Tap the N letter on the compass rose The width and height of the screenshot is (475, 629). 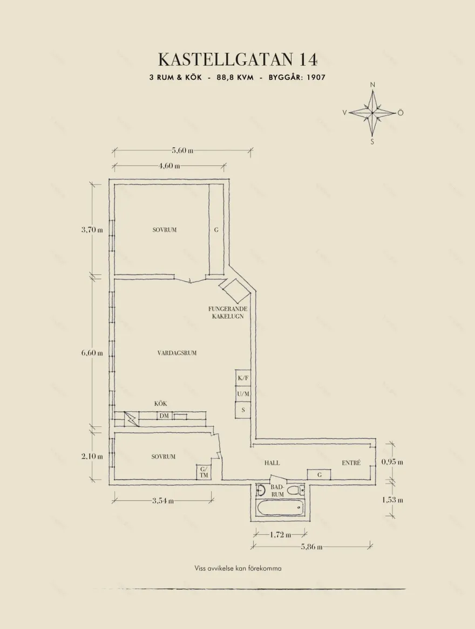(x=372, y=85)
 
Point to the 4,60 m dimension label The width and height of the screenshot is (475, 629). (x=169, y=165)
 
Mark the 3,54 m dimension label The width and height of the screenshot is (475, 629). (x=162, y=501)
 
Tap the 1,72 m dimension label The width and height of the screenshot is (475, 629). (x=280, y=535)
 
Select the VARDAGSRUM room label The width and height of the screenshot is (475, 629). (x=177, y=353)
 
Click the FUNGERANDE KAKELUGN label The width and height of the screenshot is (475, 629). (x=228, y=313)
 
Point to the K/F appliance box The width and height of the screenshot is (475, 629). (x=243, y=378)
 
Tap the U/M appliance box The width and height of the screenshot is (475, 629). (x=243, y=395)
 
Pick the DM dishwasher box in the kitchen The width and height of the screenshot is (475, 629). (x=164, y=416)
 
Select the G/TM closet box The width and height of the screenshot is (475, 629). (x=204, y=472)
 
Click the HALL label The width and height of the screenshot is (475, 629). (x=272, y=463)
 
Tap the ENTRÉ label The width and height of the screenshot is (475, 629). (x=351, y=463)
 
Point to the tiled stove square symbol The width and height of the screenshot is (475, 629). (x=233, y=291)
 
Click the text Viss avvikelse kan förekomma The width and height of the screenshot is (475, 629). (x=238, y=568)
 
